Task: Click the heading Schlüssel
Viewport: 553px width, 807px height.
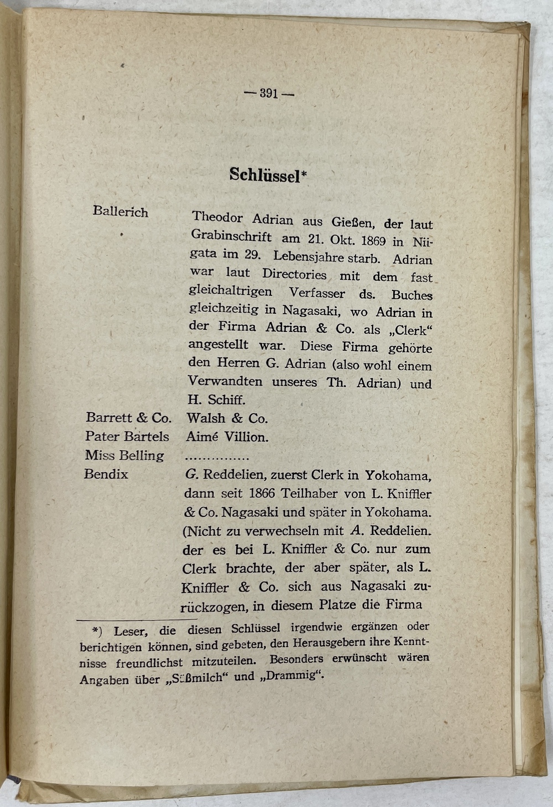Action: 265,175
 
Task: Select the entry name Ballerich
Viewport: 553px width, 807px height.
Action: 121,212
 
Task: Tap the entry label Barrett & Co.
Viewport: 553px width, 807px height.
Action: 129,418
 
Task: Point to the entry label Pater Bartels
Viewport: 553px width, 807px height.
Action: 127,436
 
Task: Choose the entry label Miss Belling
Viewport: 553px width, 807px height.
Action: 124,456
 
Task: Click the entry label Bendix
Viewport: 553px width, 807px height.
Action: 106,474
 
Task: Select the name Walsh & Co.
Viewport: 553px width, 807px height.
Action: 227,418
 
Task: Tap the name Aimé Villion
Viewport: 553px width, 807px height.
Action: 227,437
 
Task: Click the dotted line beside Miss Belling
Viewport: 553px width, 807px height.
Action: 217,457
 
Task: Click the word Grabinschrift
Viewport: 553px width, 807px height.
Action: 231,236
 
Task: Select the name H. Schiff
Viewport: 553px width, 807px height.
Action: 216,399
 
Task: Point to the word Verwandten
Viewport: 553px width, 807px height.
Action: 225,381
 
